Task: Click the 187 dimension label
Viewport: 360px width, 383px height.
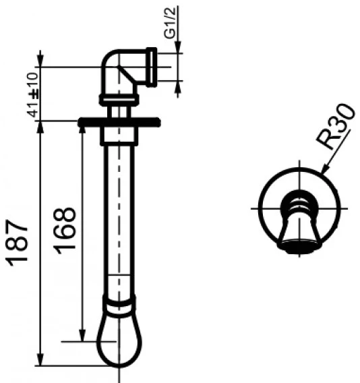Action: click(17, 243)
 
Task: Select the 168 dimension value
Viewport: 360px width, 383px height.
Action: click(65, 231)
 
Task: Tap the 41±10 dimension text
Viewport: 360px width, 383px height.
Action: click(33, 94)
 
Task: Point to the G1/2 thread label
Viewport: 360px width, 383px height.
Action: click(170, 23)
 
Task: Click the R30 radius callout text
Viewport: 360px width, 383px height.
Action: click(335, 126)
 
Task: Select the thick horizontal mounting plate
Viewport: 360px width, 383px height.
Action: click(119, 122)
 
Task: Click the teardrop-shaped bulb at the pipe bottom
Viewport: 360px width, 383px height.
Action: click(119, 340)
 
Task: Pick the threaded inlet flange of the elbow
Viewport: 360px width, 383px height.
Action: click(152, 67)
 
